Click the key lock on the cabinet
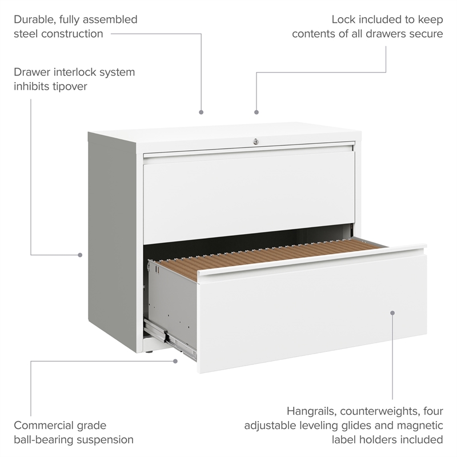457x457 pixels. point(255,142)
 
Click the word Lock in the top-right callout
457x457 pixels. point(344,19)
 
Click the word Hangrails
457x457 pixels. point(312,411)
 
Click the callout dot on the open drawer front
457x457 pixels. point(392,312)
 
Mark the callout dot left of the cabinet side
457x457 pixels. point(80,255)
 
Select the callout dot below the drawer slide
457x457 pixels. point(175,361)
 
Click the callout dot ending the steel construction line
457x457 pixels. point(201,112)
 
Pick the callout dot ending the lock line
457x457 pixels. point(256,112)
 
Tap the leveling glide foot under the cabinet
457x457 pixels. point(150,352)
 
